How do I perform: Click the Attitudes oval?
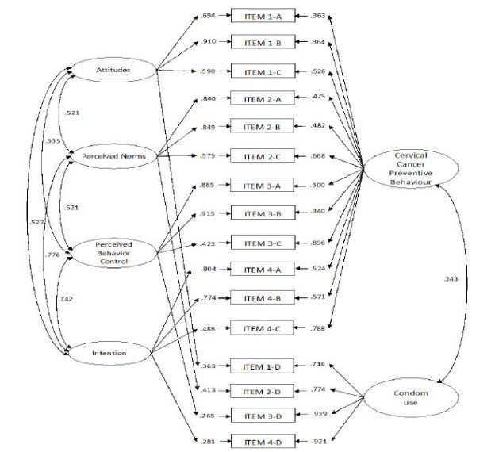(x=113, y=71)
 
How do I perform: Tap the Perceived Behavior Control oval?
(x=112, y=251)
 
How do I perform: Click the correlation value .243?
(x=451, y=278)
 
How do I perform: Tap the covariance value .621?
(x=75, y=208)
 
